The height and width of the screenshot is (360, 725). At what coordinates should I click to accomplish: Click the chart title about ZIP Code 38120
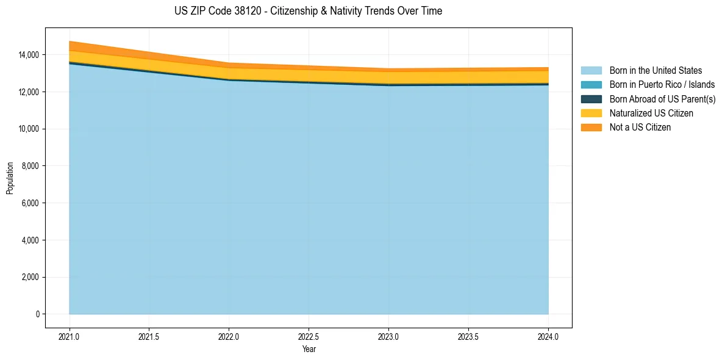tap(308, 11)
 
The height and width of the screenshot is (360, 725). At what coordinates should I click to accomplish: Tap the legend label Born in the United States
tap(655, 71)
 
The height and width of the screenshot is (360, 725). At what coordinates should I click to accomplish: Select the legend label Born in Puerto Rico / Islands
tap(662, 85)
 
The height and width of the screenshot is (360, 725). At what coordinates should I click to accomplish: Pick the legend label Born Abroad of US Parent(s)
tap(662, 99)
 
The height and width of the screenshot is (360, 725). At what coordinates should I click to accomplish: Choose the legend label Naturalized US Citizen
tap(651, 113)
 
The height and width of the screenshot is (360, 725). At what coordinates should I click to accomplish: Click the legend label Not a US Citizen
tap(640, 128)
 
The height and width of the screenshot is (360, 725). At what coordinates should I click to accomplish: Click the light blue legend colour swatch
tap(591, 71)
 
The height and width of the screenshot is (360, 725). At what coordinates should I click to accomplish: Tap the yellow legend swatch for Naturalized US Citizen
tap(591, 113)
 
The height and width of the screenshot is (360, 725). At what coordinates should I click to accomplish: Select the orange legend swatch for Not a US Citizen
tap(591, 128)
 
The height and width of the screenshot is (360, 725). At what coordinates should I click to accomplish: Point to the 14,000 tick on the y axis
tap(28, 55)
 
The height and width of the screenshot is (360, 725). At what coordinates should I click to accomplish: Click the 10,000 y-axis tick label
tap(28, 129)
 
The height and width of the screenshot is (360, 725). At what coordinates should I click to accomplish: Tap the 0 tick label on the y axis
tap(37, 314)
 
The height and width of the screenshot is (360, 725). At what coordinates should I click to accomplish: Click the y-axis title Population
tap(10, 178)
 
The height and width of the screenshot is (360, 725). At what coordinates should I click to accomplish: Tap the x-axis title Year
tap(309, 350)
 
